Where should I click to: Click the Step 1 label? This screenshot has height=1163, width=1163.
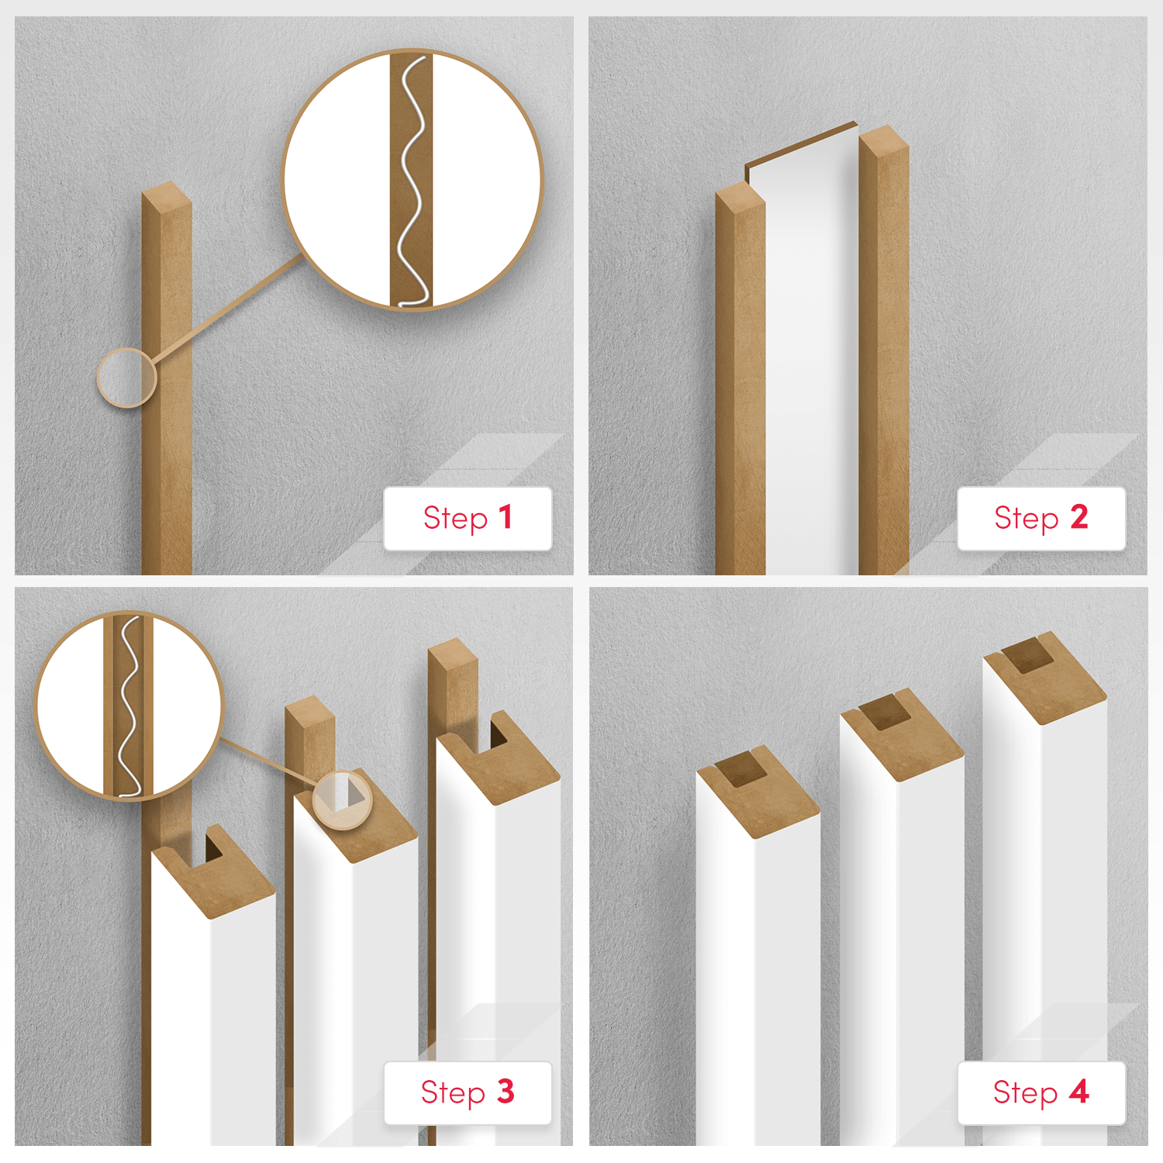(468, 518)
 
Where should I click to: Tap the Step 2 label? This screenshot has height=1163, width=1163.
(1040, 518)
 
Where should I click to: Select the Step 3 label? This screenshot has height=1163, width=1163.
(468, 1092)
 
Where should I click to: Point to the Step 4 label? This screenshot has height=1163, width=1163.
(1040, 1092)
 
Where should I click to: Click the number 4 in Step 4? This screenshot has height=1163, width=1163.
(1079, 1091)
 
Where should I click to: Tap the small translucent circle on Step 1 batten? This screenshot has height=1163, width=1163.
(126, 378)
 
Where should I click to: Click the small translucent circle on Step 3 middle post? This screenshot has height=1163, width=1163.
(342, 800)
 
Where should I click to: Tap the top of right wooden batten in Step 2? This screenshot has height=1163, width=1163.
(884, 140)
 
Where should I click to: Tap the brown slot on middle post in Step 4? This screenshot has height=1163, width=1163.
(882, 713)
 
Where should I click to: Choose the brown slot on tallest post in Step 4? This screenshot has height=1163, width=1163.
(1027, 657)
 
